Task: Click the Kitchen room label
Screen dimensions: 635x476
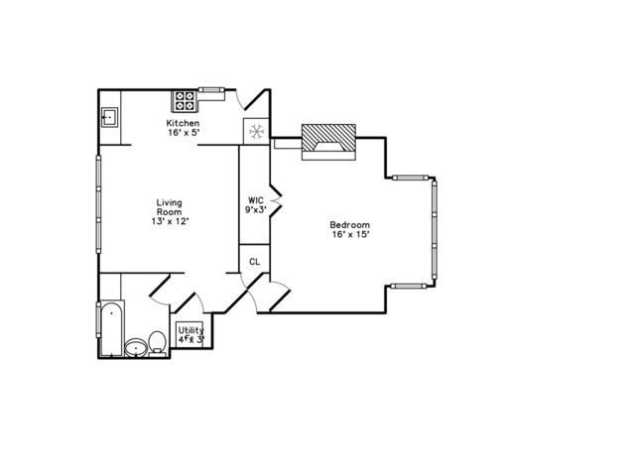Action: coord(183,123)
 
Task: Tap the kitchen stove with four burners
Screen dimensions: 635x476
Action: coord(185,101)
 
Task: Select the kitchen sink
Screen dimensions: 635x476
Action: coord(109,117)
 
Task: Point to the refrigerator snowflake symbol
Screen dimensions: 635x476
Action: coord(256,131)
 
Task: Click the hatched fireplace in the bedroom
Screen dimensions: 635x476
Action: coord(328,142)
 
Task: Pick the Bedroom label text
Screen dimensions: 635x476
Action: coord(349,225)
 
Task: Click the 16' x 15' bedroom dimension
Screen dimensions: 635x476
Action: coord(350,234)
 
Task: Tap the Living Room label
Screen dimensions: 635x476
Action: coord(170,207)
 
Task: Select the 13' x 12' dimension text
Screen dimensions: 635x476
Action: coord(171,221)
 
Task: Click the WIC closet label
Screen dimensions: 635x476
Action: coord(256,200)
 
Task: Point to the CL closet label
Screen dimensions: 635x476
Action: coord(255,262)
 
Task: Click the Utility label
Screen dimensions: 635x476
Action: coord(191,330)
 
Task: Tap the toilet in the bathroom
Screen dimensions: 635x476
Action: coord(157,343)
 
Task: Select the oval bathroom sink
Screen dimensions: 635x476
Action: coord(136,348)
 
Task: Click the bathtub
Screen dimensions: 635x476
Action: coord(111,328)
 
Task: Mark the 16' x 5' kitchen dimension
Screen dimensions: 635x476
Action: coord(185,132)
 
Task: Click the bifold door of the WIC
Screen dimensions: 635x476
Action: coord(276,200)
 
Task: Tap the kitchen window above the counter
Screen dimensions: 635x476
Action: coord(211,89)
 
